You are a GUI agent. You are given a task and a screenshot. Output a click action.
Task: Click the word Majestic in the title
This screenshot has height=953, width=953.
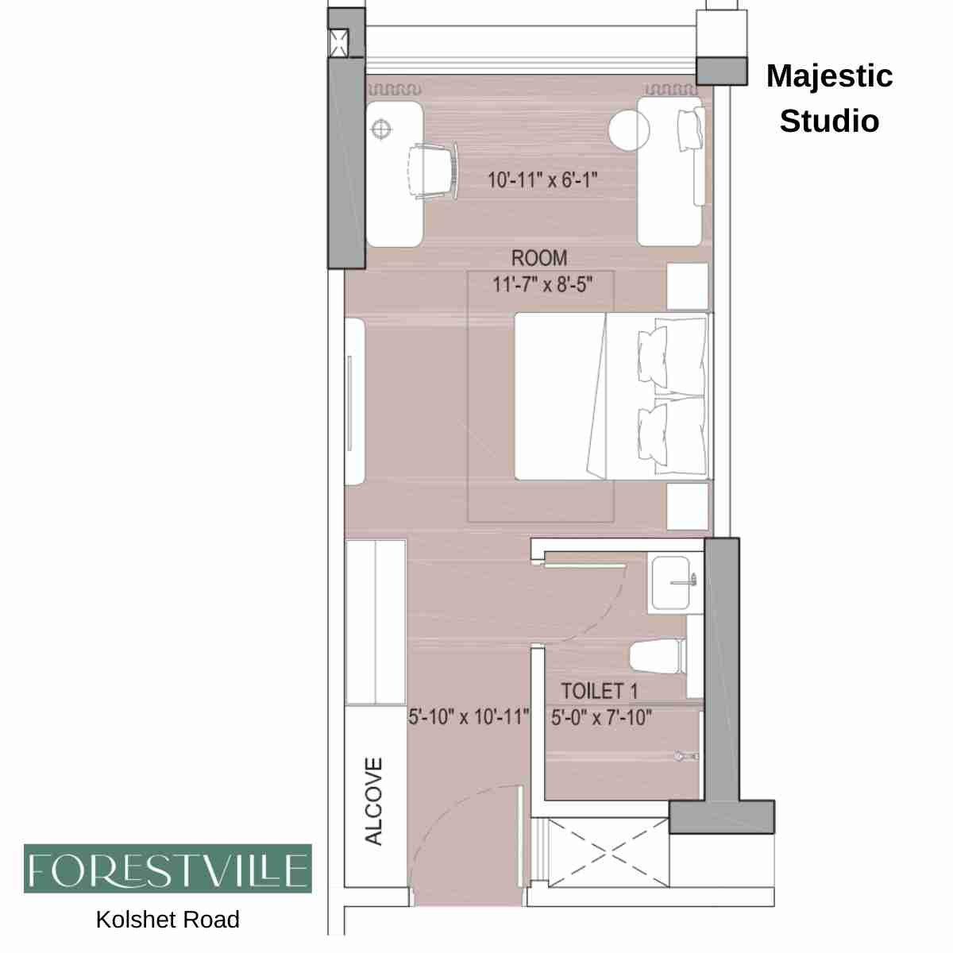click(x=829, y=76)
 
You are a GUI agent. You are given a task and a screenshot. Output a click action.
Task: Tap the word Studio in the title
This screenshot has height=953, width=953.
click(x=829, y=122)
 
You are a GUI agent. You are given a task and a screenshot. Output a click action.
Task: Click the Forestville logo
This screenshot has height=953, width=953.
click(x=168, y=869)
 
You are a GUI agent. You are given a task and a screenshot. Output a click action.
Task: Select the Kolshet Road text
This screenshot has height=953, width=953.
click(x=168, y=920)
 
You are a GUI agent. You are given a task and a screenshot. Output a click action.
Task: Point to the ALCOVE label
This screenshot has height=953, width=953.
click(x=374, y=801)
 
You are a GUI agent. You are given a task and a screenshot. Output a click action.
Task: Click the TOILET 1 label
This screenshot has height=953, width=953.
click(x=600, y=691)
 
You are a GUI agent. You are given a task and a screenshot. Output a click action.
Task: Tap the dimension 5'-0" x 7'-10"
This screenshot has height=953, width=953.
click(x=602, y=718)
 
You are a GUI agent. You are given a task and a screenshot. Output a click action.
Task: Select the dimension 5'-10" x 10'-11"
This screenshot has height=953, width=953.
click(x=469, y=717)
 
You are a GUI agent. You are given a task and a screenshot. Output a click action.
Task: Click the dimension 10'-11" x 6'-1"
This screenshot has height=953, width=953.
click(x=542, y=180)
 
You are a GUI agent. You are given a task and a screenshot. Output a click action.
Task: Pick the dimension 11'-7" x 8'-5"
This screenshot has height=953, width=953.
click(x=542, y=284)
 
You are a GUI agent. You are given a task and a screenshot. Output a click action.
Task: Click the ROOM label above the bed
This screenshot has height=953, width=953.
click(x=539, y=258)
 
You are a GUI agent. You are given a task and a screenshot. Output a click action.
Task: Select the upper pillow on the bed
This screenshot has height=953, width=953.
click(x=673, y=354)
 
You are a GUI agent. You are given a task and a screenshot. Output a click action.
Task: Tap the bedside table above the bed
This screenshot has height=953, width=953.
click(x=687, y=287)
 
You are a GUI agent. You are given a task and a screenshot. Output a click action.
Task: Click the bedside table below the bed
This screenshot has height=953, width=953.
click(x=687, y=506)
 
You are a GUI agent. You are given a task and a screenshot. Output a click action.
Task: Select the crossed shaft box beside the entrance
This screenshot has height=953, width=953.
click(x=608, y=853)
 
